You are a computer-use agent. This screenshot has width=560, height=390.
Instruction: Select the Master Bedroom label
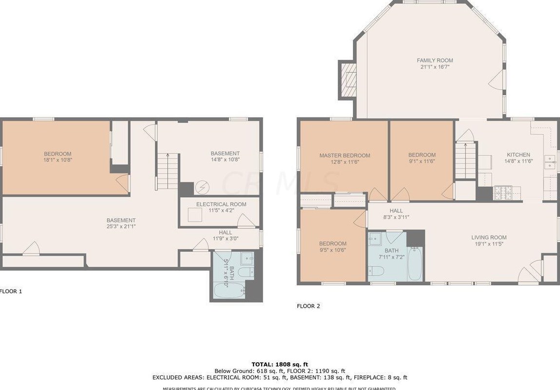345,156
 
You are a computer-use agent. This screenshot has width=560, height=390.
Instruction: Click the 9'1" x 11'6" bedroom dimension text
422,162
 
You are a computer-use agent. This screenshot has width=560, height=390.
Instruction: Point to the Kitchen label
518,155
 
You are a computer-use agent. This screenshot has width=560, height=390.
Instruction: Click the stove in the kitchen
502,193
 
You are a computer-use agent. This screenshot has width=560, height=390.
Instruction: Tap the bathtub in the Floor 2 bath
415,264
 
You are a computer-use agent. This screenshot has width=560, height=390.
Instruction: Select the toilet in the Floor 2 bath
376,271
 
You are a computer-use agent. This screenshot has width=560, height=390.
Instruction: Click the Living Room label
489,238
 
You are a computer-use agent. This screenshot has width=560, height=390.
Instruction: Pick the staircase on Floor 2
466,161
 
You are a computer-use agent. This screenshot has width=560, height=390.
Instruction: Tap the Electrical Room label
221,204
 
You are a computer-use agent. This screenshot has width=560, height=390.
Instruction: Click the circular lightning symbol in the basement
202,187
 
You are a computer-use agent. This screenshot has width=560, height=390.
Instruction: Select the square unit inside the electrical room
195,215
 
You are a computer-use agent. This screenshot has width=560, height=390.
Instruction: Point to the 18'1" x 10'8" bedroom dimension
58,160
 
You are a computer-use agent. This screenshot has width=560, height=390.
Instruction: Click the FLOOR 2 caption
309,306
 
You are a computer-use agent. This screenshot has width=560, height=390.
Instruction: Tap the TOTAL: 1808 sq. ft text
280,364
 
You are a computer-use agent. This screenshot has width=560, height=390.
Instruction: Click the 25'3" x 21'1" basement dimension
121,226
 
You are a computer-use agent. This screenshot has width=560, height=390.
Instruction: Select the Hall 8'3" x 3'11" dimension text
396,217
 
